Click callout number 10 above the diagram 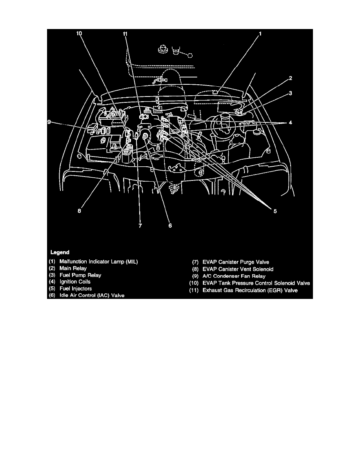pyautogui.click(x=79, y=34)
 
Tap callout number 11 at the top pyautogui.click(x=125, y=34)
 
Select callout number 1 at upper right pyautogui.click(x=260, y=34)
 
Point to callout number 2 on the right pyautogui.click(x=291, y=78)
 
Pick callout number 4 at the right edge pyautogui.click(x=291, y=123)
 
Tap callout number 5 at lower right pyautogui.click(x=275, y=211)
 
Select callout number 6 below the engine pyautogui.click(x=170, y=226)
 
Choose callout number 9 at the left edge pyautogui.click(x=49, y=122)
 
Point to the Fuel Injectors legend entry pyautogui.click(x=76, y=289)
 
